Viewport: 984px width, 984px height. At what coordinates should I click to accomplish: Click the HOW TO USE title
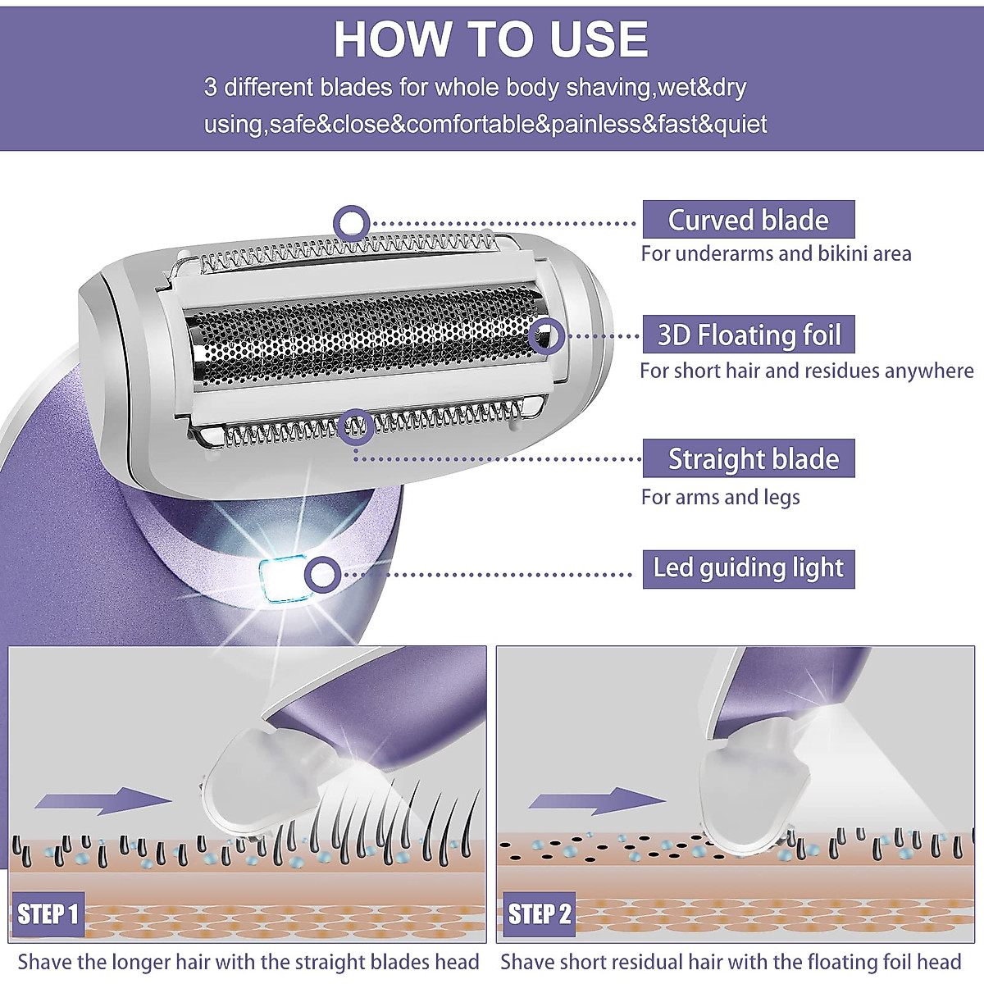(x=490, y=39)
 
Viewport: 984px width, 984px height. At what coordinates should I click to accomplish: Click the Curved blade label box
(x=748, y=220)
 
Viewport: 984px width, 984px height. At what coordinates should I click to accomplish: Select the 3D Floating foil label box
(x=748, y=335)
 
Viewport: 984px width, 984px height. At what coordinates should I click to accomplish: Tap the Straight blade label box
(x=748, y=458)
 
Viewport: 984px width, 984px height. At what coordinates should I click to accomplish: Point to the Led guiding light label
(x=748, y=568)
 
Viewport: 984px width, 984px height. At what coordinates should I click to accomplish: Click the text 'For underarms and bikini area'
(x=776, y=254)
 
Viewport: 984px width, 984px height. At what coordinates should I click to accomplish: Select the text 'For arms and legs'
(x=720, y=497)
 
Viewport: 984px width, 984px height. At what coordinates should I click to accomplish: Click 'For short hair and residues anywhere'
(x=806, y=371)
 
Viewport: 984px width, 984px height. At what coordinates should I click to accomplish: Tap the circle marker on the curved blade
(x=352, y=222)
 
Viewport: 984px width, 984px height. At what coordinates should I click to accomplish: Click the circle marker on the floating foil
(x=546, y=335)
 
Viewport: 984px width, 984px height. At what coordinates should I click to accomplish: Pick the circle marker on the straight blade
(x=356, y=426)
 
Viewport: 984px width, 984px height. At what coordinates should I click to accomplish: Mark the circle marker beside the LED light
(x=322, y=574)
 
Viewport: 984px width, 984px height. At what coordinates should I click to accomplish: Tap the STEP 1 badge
(x=48, y=913)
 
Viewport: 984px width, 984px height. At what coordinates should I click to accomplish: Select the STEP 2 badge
(x=539, y=913)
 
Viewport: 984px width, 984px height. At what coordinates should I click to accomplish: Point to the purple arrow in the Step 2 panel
(x=596, y=800)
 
